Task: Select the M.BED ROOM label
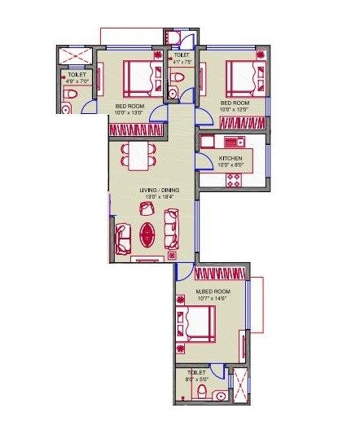point(213,291)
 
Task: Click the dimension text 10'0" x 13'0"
point(130,112)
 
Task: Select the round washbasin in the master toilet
point(220,396)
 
